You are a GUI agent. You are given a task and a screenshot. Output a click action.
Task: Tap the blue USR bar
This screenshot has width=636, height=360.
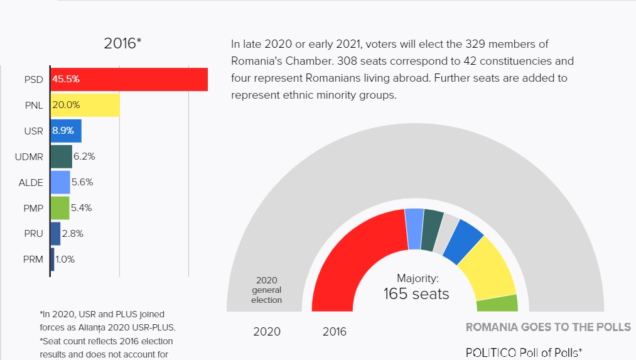66,131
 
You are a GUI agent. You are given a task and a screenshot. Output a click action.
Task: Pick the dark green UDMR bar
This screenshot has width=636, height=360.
61,156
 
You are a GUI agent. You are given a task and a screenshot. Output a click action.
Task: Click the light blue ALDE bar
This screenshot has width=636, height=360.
60,182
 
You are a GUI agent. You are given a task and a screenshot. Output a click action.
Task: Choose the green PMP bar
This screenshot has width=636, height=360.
60,208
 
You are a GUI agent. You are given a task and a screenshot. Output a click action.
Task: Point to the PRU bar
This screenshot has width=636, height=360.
55,234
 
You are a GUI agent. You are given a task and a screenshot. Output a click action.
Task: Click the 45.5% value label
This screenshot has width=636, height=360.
66,80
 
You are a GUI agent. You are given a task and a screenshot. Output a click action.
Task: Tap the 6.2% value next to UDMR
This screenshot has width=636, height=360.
84,156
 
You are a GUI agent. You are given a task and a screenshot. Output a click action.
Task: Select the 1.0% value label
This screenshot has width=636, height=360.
66,259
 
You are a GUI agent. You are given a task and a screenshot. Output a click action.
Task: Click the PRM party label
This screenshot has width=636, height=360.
33,259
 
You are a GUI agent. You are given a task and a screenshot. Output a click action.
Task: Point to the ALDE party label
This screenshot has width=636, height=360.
31,182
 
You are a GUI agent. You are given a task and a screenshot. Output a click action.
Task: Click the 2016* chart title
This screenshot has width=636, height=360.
122,43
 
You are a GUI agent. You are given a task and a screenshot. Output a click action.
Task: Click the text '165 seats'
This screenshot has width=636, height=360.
416,293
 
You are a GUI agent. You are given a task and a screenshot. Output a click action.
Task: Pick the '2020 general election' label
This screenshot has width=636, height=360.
267,290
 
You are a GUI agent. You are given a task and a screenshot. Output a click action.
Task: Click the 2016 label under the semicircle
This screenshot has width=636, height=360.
335,332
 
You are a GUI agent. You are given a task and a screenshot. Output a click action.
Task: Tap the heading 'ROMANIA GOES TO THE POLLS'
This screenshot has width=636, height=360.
548,327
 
